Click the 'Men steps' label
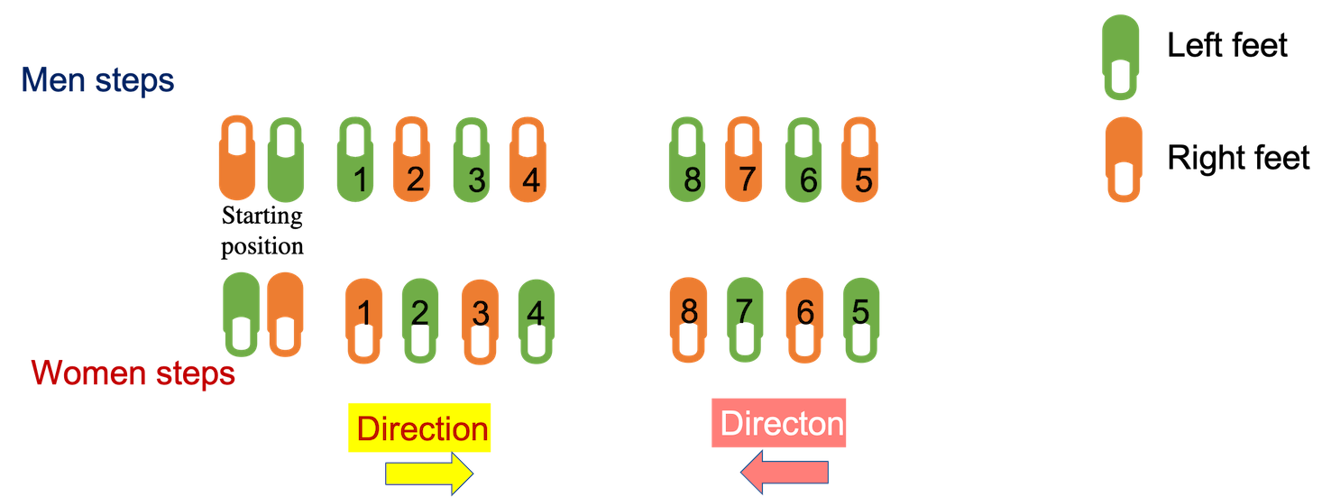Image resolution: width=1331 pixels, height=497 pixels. tap(97, 81)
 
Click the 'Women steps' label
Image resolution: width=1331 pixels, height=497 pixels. tap(133, 373)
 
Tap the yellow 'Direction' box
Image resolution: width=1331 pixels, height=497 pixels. tap(421, 428)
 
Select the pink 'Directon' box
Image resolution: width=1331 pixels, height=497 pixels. tap(781, 423)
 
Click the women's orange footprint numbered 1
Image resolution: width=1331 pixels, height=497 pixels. tap(364, 320)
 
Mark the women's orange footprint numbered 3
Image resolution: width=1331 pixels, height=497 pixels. tap(480, 320)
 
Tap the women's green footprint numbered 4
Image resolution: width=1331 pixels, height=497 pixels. tap(537, 320)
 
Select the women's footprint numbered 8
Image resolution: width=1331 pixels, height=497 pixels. tap(688, 320)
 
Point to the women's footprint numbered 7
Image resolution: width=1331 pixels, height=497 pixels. tap(745, 320)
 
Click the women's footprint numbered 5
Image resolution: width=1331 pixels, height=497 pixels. tap(860, 320)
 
